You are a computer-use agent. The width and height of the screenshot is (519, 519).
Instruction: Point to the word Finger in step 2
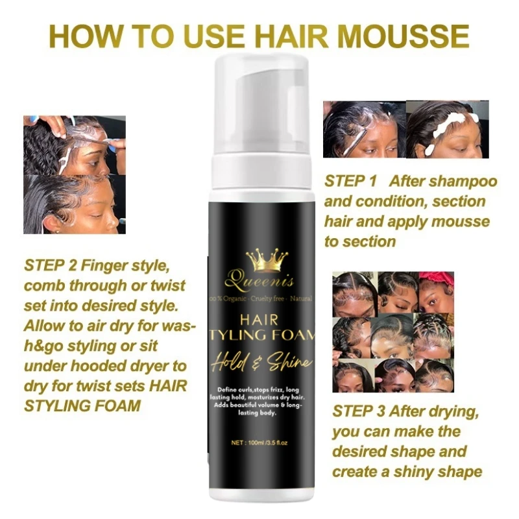tap(108, 265)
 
